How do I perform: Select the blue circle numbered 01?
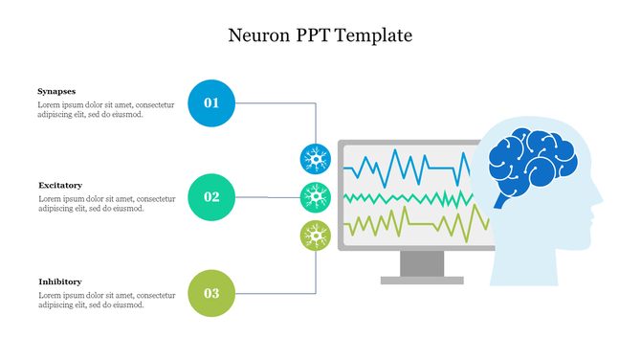click(211, 102)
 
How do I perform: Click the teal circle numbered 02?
click(211, 197)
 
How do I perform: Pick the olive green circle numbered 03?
click(211, 293)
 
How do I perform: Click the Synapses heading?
click(56, 91)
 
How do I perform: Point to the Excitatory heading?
click(60, 185)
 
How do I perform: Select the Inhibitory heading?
click(59, 281)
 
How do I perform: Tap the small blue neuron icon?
click(316, 159)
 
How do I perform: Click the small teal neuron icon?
click(316, 197)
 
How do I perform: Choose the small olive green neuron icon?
click(316, 235)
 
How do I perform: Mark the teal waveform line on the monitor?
click(402, 198)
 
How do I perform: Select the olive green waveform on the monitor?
click(402, 225)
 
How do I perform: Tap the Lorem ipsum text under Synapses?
click(105, 109)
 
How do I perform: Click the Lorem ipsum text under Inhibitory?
click(105, 300)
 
